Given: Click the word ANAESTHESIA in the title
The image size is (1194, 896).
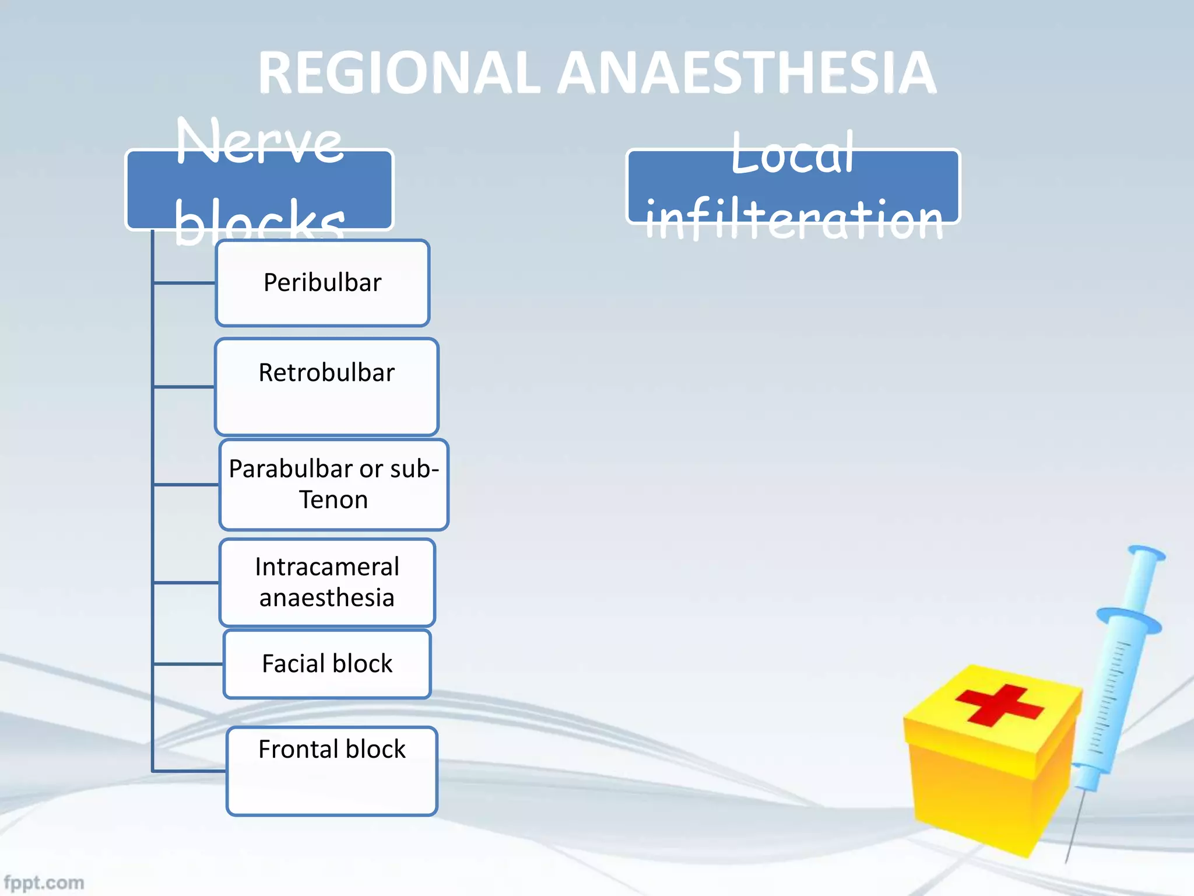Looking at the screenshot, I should click(x=746, y=72).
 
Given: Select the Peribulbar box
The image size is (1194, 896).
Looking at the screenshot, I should click(x=322, y=283).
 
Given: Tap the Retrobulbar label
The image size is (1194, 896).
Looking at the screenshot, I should click(x=326, y=373).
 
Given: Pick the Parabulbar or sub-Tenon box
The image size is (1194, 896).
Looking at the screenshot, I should click(x=333, y=484).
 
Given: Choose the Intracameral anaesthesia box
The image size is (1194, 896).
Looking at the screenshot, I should click(x=327, y=582).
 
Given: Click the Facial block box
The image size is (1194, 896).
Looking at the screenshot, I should click(x=327, y=664).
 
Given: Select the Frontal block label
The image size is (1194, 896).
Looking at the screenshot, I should click(x=332, y=750).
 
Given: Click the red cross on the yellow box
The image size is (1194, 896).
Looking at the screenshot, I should click(x=999, y=705).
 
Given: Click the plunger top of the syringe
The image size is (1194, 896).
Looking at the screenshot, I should click(x=1146, y=552).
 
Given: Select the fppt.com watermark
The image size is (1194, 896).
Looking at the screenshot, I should click(x=44, y=883).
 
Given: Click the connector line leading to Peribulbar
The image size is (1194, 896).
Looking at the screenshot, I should click(x=184, y=283).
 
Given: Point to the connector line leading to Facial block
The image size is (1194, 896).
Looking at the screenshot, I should click(x=188, y=664).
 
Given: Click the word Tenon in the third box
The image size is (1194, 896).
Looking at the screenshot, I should click(x=333, y=500).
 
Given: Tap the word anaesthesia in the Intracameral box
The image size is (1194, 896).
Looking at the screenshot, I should click(x=327, y=598).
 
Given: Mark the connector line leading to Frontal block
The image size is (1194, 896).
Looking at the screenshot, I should click(x=189, y=771).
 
